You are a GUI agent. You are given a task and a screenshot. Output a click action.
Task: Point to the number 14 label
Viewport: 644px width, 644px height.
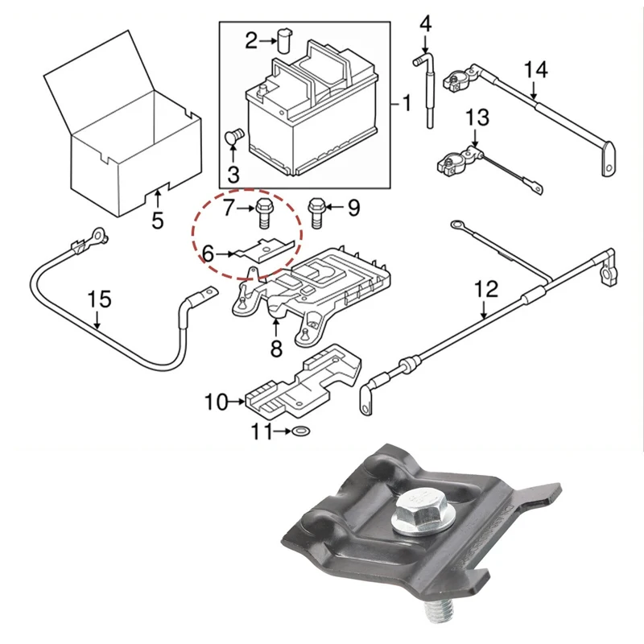(535, 70)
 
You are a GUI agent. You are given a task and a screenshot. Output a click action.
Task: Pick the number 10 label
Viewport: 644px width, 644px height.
(217, 400)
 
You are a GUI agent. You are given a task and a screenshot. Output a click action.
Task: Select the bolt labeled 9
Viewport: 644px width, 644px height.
(316, 212)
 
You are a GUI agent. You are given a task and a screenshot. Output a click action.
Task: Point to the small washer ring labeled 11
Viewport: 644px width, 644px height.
(300, 432)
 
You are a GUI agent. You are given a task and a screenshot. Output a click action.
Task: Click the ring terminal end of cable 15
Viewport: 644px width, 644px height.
(96, 235)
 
